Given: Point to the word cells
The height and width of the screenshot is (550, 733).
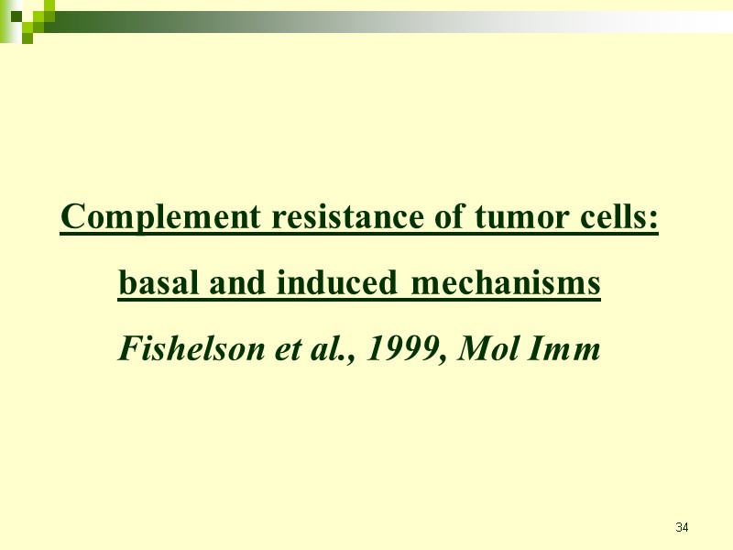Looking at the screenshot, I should [619, 219].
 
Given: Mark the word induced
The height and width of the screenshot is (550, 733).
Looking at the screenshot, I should [336, 284].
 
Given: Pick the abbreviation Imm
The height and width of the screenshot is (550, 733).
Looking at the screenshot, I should [567, 349].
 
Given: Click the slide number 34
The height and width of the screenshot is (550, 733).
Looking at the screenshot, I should [682, 527].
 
